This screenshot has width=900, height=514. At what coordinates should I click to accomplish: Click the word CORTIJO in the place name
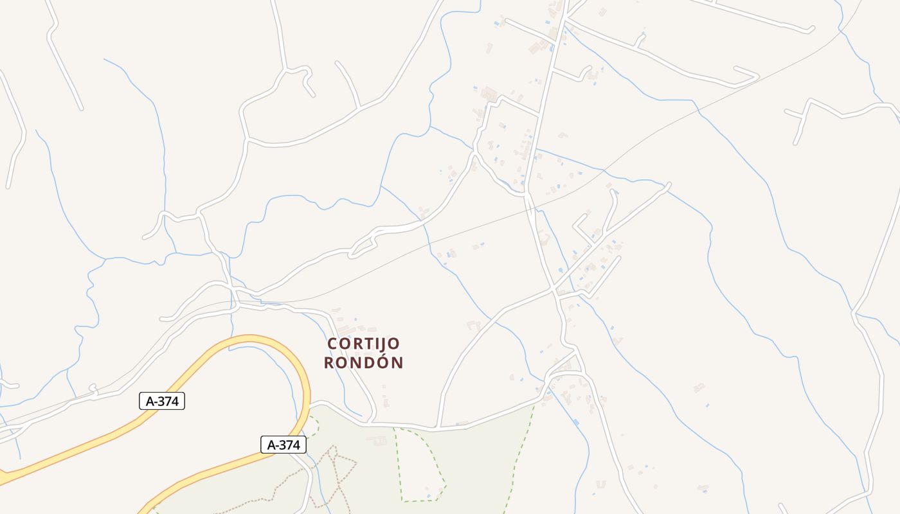pyautogui.click(x=363, y=344)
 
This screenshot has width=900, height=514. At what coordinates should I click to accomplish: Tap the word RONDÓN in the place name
pyautogui.click(x=363, y=363)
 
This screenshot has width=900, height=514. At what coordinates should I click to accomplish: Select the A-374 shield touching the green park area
pyautogui.click(x=283, y=444)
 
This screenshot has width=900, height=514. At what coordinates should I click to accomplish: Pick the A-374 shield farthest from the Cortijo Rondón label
pyautogui.click(x=162, y=401)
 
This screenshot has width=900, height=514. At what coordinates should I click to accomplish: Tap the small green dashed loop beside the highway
pyautogui.click(x=313, y=427)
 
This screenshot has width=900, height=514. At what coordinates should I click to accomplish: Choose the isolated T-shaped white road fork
pyautogui.click(x=804, y=116)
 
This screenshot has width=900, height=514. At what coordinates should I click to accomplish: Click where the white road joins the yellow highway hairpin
pyautogui.click(x=310, y=405)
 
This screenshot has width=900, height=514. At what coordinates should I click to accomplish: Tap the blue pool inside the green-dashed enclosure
pyautogui.click(x=428, y=490)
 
